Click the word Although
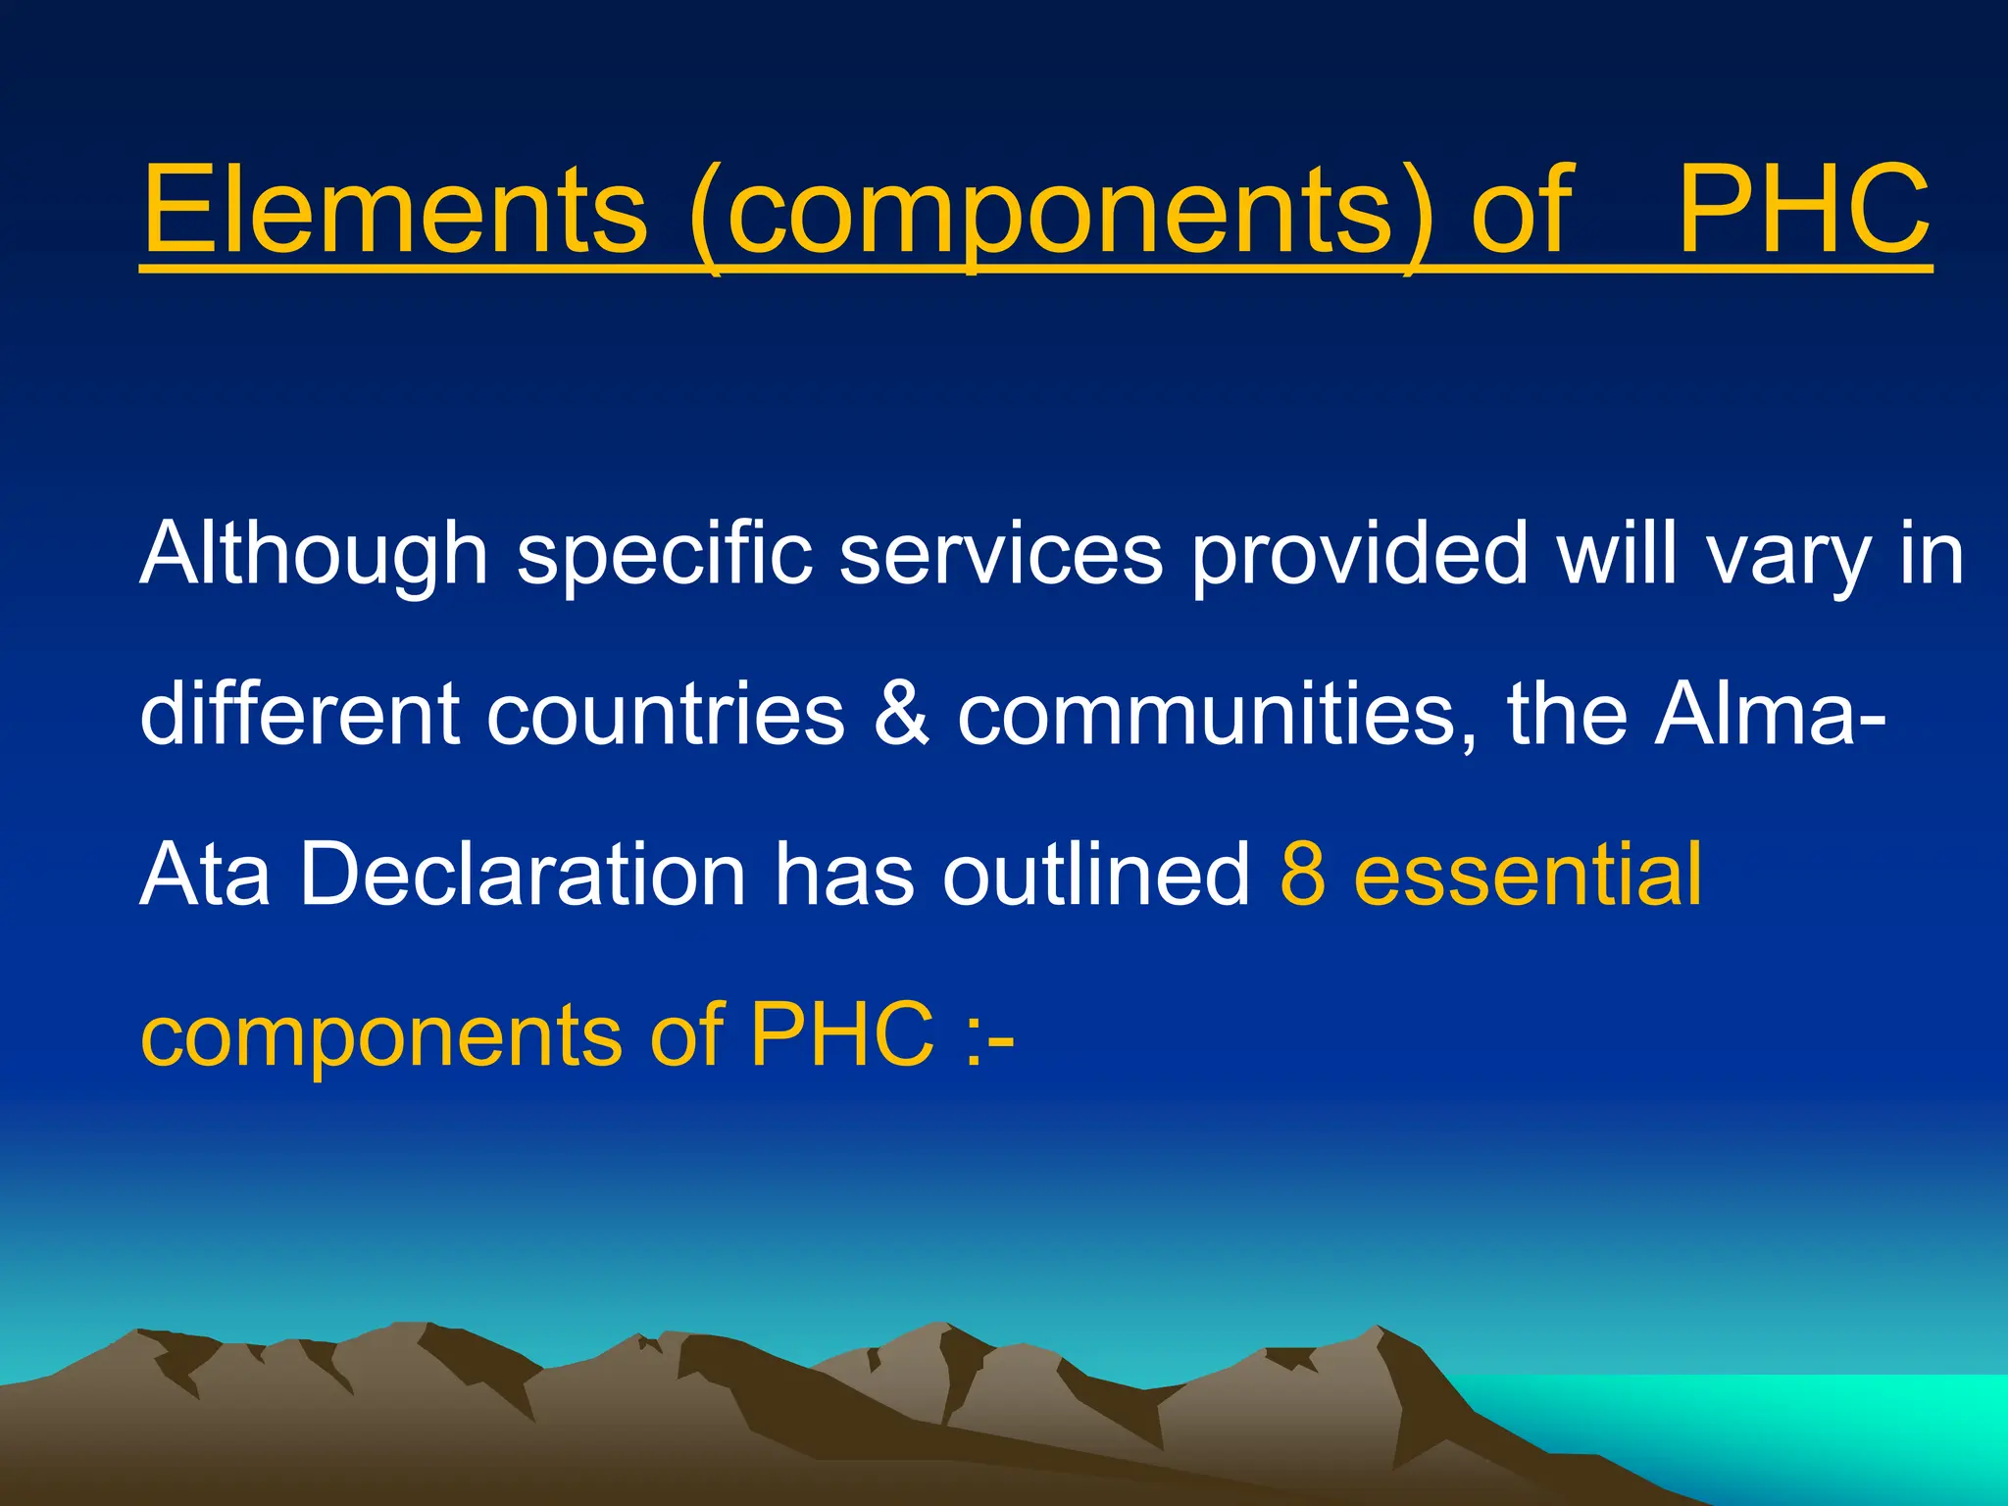click(x=314, y=555)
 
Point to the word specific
click(x=665, y=555)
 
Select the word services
click(x=1001, y=555)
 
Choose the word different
click(x=299, y=714)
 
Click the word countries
click(x=666, y=714)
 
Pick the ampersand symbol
click(x=900, y=714)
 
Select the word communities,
click(x=1217, y=714)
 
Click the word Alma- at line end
click(x=1771, y=714)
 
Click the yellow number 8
click(x=1303, y=875)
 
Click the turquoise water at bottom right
click(x=1814, y=1422)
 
